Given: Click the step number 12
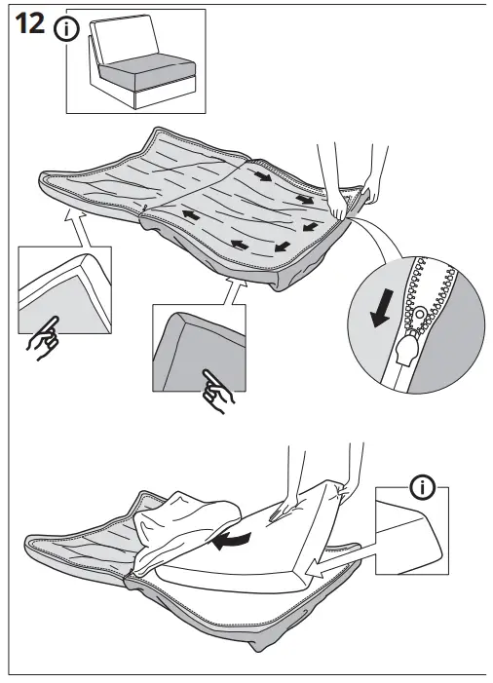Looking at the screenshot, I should [x=29, y=26].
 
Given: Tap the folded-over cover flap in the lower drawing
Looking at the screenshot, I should [x=185, y=531].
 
